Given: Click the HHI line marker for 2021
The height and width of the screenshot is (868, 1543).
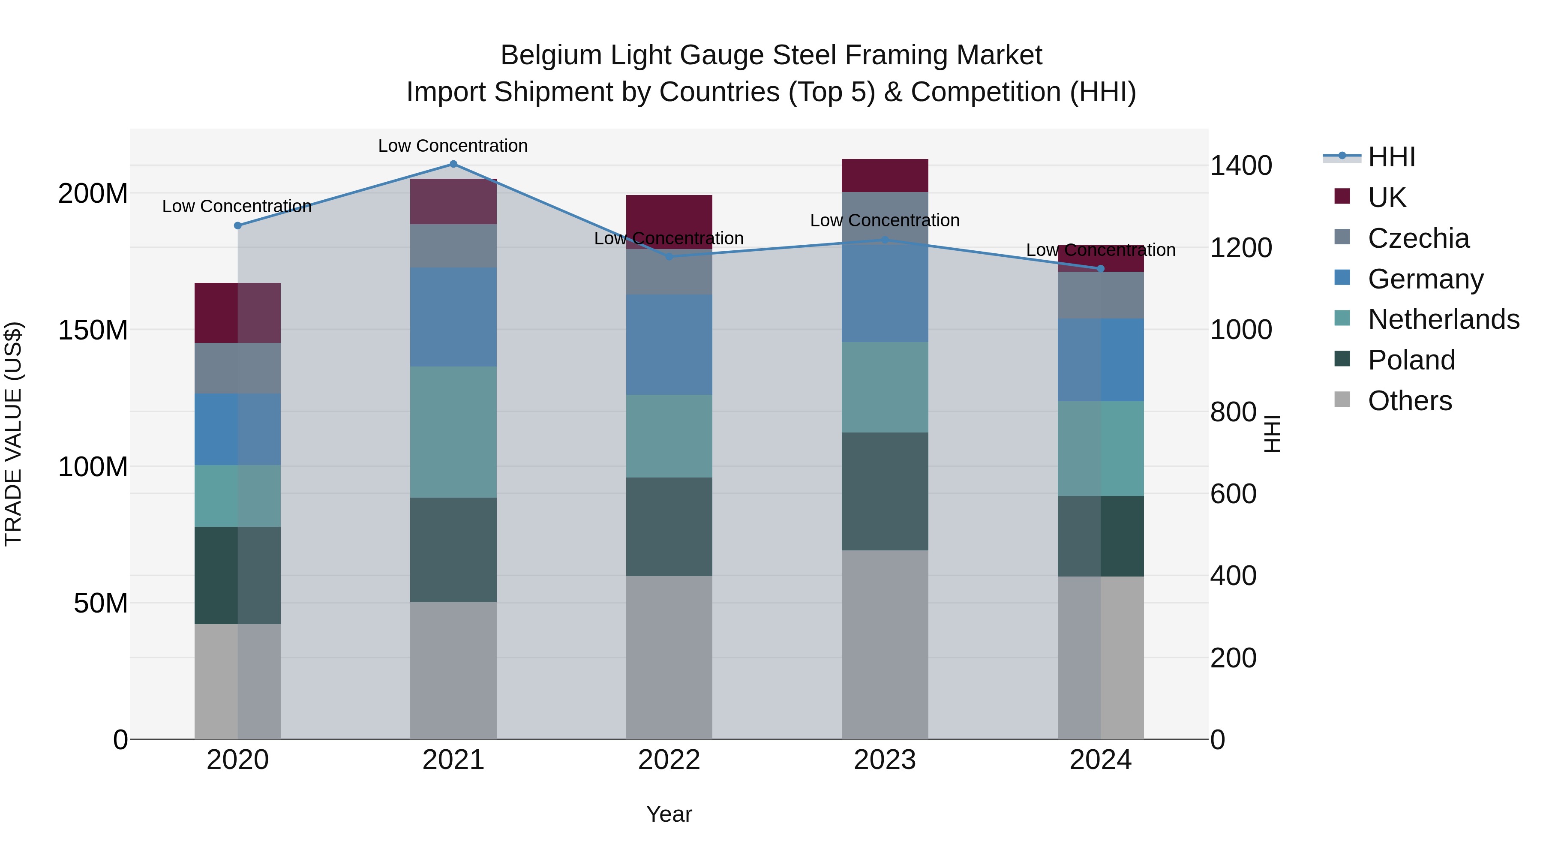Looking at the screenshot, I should click(x=453, y=164).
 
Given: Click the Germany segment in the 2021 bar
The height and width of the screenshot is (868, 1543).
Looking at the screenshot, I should click(x=453, y=317).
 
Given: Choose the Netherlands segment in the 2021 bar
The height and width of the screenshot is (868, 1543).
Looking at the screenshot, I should click(x=453, y=432).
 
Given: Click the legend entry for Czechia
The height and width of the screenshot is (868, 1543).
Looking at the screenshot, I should click(x=1418, y=238).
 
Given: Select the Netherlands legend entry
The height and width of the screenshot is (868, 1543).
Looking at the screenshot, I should click(x=1443, y=319).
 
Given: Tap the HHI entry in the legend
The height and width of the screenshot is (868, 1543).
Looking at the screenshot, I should click(x=1391, y=157).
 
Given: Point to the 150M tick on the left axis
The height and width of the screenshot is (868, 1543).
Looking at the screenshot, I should click(x=93, y=330).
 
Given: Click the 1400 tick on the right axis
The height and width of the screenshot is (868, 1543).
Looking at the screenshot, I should click(x=1240, y=166).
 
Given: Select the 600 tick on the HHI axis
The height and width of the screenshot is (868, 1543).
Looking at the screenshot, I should click(x=1233, y=494).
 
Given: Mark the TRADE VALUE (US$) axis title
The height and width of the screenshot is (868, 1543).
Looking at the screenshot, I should click(x=13, y=434).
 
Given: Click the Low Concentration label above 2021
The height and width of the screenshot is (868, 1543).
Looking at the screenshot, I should click(x=453, y=146).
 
